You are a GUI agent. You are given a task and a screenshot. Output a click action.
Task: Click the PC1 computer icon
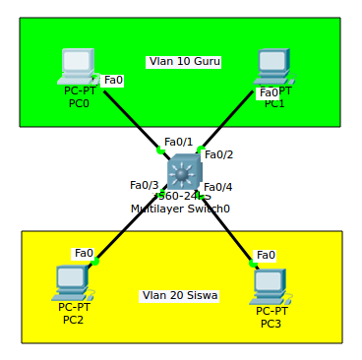click(x=271, y=65)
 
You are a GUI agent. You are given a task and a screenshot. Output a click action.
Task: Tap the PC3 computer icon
click(x=269, y=285)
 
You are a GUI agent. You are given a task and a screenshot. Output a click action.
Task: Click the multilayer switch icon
click(x=183, y=173)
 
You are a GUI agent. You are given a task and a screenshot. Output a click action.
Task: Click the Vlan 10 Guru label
click(x=184, y=61)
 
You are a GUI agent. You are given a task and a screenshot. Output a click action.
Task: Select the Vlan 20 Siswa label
click(x=180, y=295)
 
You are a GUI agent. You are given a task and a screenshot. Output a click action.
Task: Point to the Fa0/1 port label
click(x=178, y=142)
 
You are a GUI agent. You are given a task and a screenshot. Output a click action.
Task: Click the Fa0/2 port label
click(x=218, y=154)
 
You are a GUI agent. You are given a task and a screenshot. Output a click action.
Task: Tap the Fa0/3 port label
click(x=144, y=185)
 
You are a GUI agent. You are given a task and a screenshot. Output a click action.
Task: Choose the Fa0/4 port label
click(x=217, y=187)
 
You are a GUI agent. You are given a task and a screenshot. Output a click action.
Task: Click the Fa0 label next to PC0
click(x=113, y=80)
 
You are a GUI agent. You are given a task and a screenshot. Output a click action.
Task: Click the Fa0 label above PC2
click(x=84, y=253)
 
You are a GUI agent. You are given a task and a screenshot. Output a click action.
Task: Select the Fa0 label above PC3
click(x=266, y=255)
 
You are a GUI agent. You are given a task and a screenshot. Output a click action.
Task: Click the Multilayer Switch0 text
click(x=180, y=209)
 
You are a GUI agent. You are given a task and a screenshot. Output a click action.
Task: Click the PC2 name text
click(x=73, y=320)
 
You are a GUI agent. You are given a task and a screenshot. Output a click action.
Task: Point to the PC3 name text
click(x=271, y=324)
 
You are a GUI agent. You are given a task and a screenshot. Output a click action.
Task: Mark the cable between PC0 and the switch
click(x=131, y=120)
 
